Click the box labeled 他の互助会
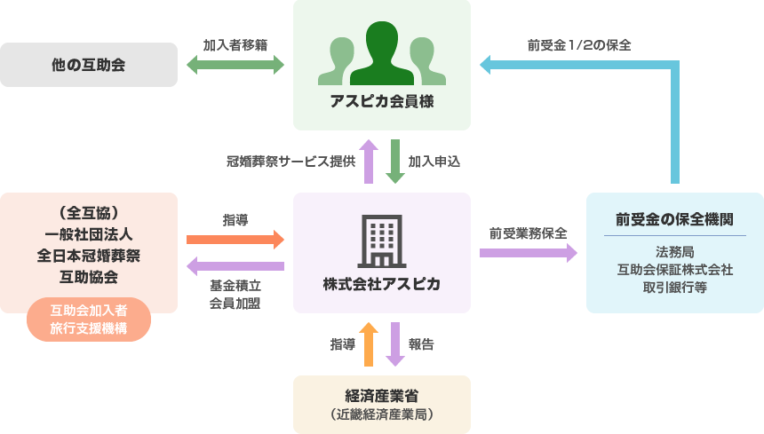click(89, 65)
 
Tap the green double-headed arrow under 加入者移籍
click(235, 65)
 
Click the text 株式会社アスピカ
click(382, 285)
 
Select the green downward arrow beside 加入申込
click(394, 162)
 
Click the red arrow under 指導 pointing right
click(235, 240)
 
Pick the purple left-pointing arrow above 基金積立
click(235, 265)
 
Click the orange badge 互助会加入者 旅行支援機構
click(89, 320)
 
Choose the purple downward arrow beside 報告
click(394, 344)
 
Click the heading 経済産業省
click(382, 395)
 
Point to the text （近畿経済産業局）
click(382, 414)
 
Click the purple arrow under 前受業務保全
click(528, 253)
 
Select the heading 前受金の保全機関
click(675, 218)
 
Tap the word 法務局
click(675, 251)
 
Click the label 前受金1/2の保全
click(579, 44)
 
